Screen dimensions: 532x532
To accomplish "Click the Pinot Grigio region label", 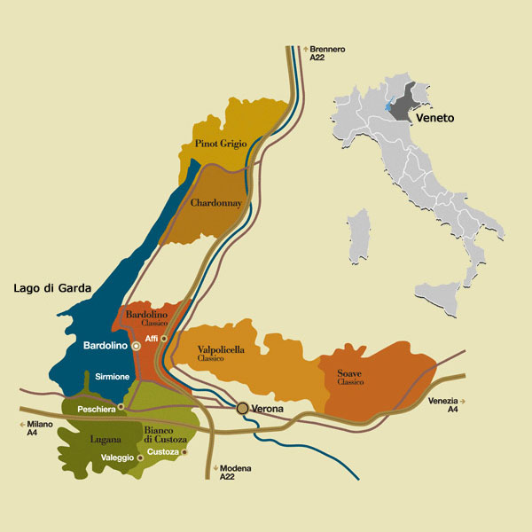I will click(x=222, y=144).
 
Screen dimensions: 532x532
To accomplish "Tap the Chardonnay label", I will click(x=216, y=203).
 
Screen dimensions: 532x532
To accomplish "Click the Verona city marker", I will click(x=243, y=408).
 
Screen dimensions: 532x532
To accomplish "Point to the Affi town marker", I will click(x=165, y=339).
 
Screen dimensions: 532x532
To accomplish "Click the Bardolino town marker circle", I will click(x=136, y=346).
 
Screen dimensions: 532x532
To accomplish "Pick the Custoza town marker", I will click(x=185, y=452).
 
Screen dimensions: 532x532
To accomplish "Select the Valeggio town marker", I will click(x=140, y=458).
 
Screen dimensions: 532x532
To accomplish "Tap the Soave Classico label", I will click(x=349, y=377).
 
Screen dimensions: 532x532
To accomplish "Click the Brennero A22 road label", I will click(x=327, y=52).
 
